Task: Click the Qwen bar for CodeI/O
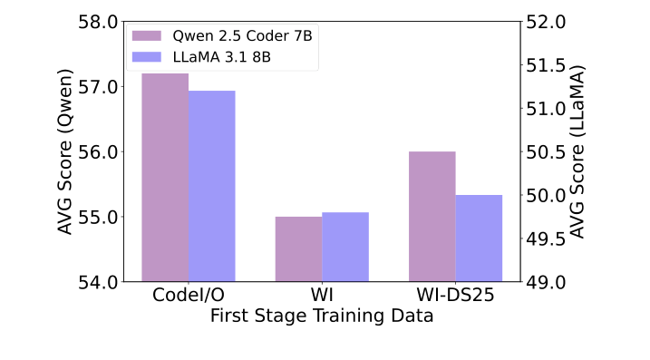point(165,178)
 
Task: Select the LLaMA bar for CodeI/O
point(212,187)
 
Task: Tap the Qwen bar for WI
point(298,249)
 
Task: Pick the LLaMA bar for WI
point(345,247)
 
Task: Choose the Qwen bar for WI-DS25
point(432,217)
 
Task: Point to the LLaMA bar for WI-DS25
point(479,238)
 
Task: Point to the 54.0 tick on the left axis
point(101,282)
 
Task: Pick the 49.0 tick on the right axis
point(547,282)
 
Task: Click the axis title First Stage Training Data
point(322,316)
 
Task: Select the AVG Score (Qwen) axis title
point(65,151)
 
